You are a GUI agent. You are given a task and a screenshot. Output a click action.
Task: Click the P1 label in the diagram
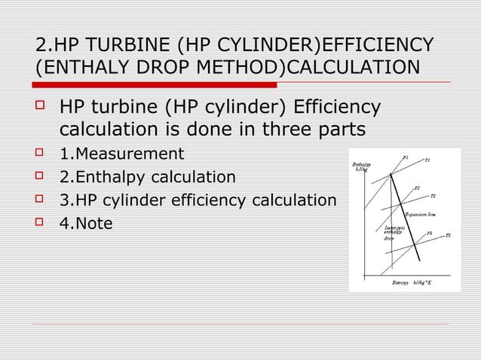[x=405, y=157]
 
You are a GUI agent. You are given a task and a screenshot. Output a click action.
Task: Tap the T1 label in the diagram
[x=427, y=160]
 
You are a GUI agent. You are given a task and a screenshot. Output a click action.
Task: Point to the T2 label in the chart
[x=433, y=197]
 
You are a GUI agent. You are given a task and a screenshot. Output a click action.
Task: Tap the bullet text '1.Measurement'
[x=121, y=154]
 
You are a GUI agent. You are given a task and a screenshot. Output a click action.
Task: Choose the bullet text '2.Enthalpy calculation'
[x=147, y=178]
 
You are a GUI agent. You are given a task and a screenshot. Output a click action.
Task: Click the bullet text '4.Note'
[x=86, y=224]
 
